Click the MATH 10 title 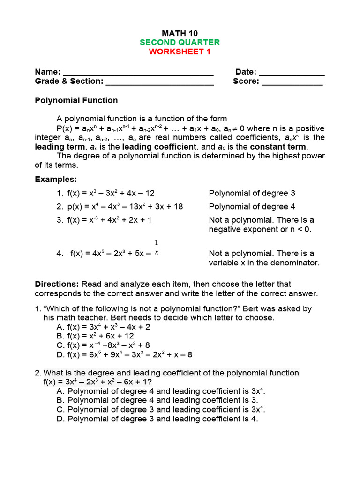click(x=180, y=33)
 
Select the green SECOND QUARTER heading click(x=180, y=43)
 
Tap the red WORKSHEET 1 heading click(x=180, y=52)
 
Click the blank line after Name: click(x=138, y=73)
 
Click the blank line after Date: click(x=292, y=73)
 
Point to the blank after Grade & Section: click(x=160, y=82)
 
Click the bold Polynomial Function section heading click(x=76, y=100)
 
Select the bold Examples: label click(x=56, y=180)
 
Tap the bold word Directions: click(x=57, y=284)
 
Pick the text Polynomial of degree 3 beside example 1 click(x=252, y=193)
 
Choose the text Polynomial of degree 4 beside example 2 click(x=252, y=207)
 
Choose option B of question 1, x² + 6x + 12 click(x=95, y=336)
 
